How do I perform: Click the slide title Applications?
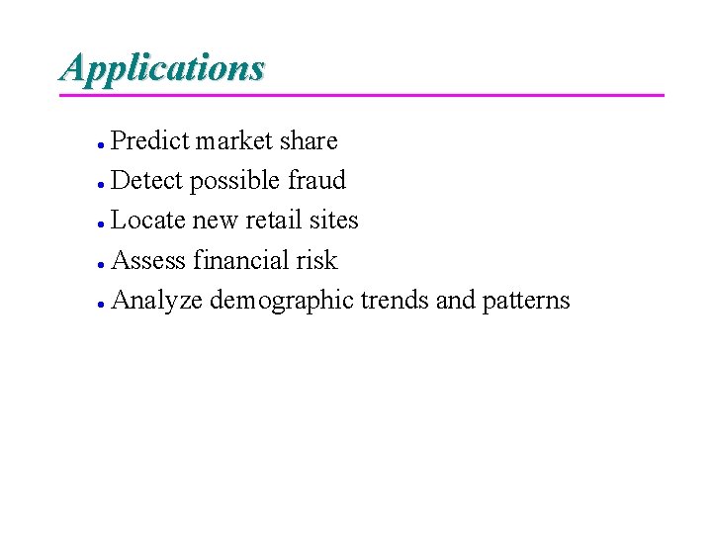click(162, 68)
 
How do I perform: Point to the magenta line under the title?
click(362, 95)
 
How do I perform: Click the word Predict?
click(150, 141)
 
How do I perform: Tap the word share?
click(309, 141)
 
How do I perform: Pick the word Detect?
click(147, 181)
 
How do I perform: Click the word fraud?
click(317, 181)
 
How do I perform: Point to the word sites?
click(333, 221)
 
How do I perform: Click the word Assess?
click(149, 261)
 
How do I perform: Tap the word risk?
click(316, 261)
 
